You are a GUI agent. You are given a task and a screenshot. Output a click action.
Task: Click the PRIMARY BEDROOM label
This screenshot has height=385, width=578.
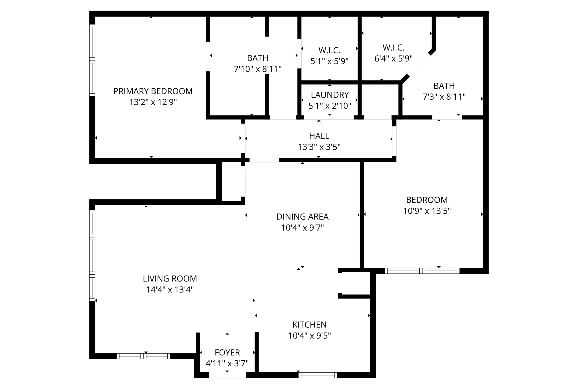click(x=153, y=91)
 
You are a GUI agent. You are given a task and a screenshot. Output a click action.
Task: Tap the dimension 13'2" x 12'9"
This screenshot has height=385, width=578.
click(x=153, y=102)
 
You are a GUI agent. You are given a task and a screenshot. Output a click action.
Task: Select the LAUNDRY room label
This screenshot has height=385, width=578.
click(x=330, y=95)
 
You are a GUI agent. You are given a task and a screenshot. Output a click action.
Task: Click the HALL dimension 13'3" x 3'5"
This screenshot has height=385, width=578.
click(x=319, y=147)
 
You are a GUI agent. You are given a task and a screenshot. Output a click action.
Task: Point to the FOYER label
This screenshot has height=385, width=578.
click(x=227, y=353)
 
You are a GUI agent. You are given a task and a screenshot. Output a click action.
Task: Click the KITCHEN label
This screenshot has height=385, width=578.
click(x=309, y=325)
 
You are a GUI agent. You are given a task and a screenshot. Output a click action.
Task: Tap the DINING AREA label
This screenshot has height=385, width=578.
click(x=302, y=217)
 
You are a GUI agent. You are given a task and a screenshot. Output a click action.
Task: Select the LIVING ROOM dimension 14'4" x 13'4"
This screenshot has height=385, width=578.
click(x=170, y=290)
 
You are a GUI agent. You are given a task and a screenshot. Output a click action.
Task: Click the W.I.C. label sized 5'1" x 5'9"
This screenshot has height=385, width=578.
click(x=329, y=50)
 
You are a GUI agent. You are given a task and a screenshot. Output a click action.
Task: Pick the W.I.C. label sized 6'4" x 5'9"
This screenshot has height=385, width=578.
click(x=393, y=48)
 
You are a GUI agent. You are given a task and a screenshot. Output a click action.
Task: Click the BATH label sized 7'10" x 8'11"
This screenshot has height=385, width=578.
click(x=257, y=58)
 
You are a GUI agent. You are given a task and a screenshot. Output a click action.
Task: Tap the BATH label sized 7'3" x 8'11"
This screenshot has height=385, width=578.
click(x=444, y=86)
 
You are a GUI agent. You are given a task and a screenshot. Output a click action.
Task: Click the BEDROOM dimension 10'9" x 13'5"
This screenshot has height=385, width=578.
click(x=427, y=211)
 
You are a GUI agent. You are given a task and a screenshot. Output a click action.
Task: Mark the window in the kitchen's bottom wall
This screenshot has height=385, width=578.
click(x=318, y=375)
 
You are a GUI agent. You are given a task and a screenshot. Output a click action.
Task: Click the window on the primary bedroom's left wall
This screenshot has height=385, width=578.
click(x=92, y=60)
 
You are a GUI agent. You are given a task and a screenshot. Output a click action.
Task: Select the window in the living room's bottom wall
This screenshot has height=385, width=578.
click(x=143, y=356)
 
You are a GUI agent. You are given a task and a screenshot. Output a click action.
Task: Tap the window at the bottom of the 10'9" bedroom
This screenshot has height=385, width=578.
click(x=422, y=271)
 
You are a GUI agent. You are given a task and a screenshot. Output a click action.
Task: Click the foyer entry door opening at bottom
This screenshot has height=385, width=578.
click(x=227, y=375)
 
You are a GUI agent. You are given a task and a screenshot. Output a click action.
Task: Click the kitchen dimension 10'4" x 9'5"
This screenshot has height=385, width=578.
click(x=309, y=336)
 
